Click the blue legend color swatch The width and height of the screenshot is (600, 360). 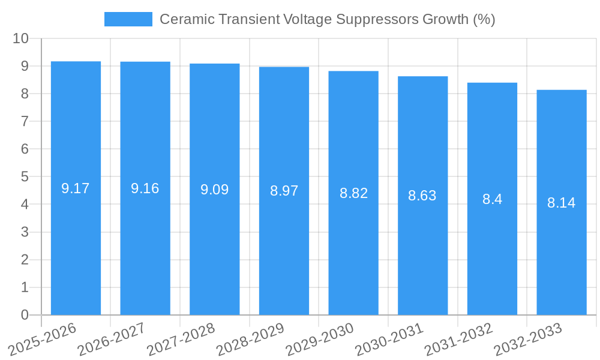pos(128,19)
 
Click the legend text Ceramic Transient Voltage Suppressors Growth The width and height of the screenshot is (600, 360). pos(327,19)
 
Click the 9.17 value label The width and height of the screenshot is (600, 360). pos(76,188)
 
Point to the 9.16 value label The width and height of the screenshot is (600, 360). pos(145,188)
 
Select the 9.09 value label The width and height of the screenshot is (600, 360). pos(214,190)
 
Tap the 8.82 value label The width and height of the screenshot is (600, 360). pos(353,193)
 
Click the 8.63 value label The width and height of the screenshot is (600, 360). pos(422,196)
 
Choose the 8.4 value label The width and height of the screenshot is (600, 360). pos(492,199)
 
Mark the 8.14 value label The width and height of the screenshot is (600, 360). pos(562,203)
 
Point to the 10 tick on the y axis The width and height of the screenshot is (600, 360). pos(20,38)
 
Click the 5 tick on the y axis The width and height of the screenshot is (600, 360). pos(25,177)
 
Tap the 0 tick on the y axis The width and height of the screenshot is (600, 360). pos(25,315)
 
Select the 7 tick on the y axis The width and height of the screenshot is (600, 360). pos(25,121)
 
